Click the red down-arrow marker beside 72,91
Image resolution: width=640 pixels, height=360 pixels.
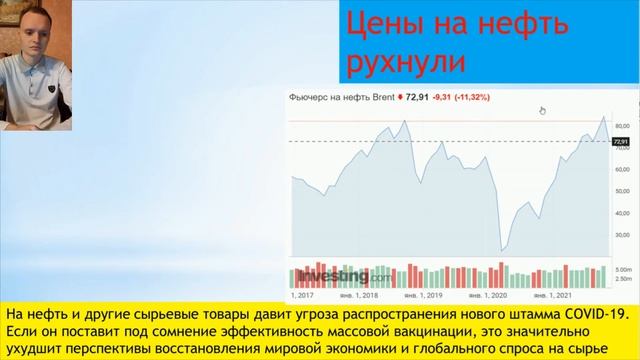coord(400,98)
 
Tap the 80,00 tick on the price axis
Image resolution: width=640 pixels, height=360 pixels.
coord(621,125)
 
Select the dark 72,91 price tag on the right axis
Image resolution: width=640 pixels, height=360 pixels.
coord(620,142)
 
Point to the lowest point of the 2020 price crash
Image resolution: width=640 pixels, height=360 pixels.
coord(504,247)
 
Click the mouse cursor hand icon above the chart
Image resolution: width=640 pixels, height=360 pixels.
coord(543,111)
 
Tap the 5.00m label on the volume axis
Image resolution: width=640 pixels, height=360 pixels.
coord(622,270)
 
